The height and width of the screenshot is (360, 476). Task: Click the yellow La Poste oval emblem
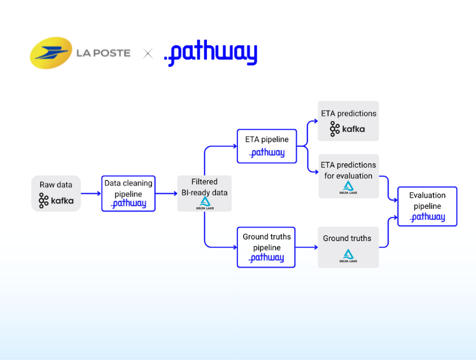[x=51, y=53]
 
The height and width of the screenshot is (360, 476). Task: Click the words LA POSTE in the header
[x=103, y=53]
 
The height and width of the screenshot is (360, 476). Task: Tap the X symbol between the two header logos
[x=148, y=53]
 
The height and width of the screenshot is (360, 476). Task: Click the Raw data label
[x=56, y=185]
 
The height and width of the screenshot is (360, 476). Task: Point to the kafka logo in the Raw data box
[x=56, y=200]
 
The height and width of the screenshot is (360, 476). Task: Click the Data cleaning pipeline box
[x=128, y=193]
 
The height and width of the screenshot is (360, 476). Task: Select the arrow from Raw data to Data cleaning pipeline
[x=91, y=193]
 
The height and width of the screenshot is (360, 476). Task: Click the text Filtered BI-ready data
[x=205, y=187]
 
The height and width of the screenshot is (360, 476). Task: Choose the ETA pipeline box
[x=267, y=146]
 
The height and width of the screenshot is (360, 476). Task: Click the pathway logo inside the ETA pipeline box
[x=267, y=152]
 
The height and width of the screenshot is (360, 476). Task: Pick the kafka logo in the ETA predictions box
[x=348, y=129]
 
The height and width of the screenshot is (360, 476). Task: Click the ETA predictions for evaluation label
[x=348, y=170]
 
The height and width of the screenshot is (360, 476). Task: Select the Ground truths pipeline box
[x=266, y=247]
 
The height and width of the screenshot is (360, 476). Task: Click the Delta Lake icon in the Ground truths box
[x=348, y=255]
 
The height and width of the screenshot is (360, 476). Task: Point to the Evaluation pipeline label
[x=427, y=200]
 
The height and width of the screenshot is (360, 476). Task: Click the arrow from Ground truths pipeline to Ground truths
[x=306, y=247]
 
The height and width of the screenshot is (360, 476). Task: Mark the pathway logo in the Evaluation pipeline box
[x=428, y=217]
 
